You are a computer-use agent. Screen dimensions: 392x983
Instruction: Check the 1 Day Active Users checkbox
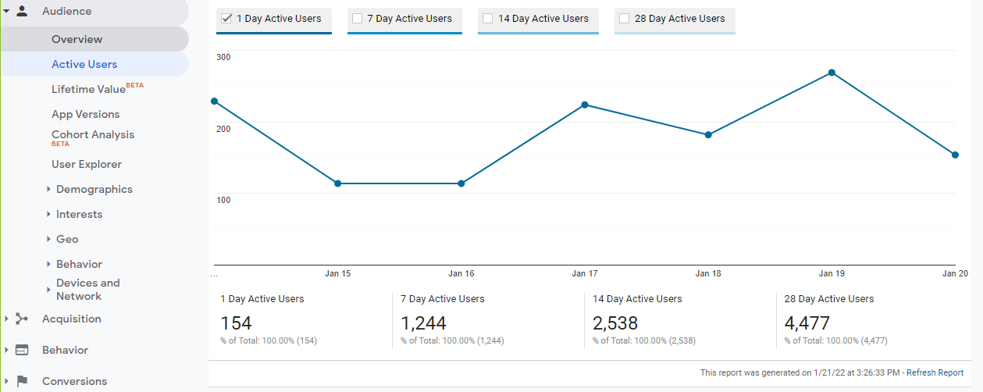pos(227,19)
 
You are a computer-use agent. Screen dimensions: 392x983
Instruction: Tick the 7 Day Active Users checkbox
pos(358,19)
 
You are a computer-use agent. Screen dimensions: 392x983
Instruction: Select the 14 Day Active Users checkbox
pos(488,19)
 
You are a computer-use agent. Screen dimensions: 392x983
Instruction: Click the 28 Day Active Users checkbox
pos(625,19)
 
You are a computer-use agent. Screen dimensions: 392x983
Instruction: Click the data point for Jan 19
pos(832,73)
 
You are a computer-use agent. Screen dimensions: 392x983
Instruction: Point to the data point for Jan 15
pos(338,184)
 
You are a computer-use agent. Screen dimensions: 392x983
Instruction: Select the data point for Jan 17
pos(585,105)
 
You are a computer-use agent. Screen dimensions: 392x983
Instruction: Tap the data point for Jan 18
pos(708,135)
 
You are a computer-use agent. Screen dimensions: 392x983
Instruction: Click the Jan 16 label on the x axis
pos(461,274)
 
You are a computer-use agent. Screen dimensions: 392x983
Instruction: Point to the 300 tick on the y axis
pos(223,57)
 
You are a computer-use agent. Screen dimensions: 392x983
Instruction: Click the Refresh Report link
pos(935,373)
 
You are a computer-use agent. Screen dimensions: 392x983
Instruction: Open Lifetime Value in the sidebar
pos(88,89)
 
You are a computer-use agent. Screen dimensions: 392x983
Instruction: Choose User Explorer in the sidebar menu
pos(87,164)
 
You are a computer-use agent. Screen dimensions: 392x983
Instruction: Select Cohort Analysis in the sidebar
pos(93,134)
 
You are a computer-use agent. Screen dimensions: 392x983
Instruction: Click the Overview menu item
pos(77,39)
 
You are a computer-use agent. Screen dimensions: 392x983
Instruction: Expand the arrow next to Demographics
pos(48,189)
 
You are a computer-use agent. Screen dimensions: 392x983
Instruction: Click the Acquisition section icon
pos(22,319)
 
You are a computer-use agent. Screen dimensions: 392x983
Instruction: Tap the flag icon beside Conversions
pos(22,381)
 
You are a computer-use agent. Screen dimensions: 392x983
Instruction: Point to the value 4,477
pos(807,323)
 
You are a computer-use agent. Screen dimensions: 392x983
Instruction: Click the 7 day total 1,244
pos(424,323)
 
